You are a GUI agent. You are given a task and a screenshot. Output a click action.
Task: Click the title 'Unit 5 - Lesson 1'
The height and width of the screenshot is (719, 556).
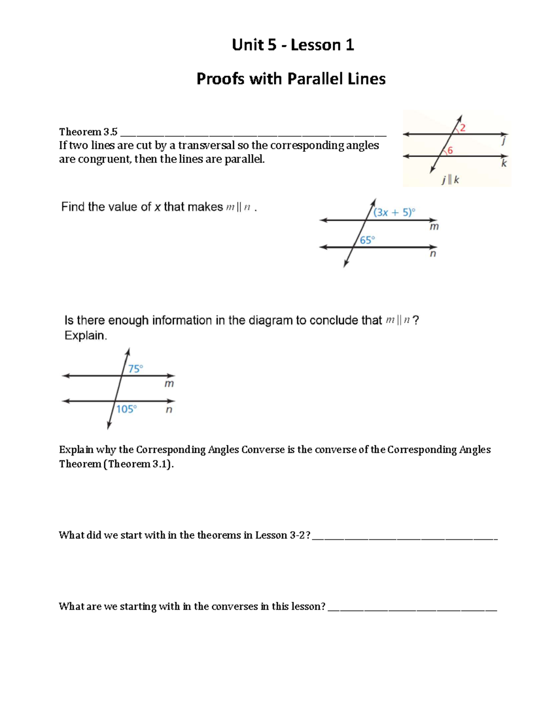(x=293, y=45)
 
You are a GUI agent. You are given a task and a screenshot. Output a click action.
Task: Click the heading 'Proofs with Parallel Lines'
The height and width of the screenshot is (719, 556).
(x=291, y=79)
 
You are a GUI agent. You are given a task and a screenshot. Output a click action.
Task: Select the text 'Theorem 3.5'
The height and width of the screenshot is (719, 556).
(x=88, y=132)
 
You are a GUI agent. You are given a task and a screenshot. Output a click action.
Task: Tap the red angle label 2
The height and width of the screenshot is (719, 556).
(x=463, y=128)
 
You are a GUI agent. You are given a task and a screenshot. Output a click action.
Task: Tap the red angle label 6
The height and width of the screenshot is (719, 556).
(x=450, y=150)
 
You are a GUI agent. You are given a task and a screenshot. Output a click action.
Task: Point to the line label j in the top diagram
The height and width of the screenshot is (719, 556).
(x=504, y=141)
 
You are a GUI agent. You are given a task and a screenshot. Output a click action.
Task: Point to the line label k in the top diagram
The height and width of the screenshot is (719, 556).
(x=504, y=163)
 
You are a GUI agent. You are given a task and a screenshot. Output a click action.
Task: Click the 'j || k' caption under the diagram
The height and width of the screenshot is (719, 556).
(x=450, y=180)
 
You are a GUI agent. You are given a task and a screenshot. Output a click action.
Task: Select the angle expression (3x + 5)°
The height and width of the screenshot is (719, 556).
(x=394, y=212)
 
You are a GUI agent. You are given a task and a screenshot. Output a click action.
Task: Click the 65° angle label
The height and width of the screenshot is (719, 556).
(x=367, y=240)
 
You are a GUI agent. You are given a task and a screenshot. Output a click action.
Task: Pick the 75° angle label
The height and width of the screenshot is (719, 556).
(x=136, y=369)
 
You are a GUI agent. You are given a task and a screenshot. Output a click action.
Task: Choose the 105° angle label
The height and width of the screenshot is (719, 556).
(x=126, y=409)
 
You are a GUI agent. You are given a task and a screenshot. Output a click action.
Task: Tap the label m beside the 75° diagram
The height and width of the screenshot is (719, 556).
(x=169, y=384)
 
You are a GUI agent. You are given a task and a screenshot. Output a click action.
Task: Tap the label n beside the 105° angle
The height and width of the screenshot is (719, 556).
(x=169, y=409)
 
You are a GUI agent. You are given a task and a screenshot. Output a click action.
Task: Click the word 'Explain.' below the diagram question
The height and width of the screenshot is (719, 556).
(x=86, y=336)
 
